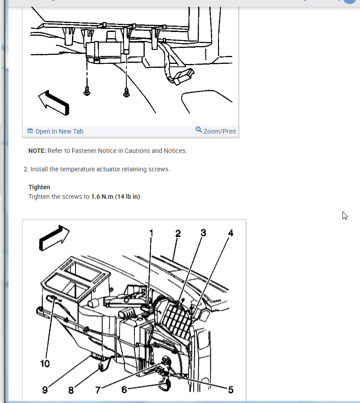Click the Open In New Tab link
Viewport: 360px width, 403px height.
tap(55, 131)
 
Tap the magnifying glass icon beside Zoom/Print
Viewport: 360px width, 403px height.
tap(199, 130)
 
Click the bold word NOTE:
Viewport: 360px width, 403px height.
tap(37, 151)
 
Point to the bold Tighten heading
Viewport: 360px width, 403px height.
tap(39, 187)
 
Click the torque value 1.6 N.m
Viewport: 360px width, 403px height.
tap(102, 197)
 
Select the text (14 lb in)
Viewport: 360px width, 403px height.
tap(127, 197)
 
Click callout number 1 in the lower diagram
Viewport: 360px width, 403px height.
tap(151, 233)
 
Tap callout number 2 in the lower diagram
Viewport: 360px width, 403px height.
tap(178, 233)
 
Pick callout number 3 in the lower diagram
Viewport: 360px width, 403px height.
tap(203, 233)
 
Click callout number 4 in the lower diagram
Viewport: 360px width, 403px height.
tap(231, 233)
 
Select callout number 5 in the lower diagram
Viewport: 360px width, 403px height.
tap(231, 390)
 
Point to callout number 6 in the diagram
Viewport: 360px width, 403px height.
tap(124, 390)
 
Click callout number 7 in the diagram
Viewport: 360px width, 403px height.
tap(98, 390)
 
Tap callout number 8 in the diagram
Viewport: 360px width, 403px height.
tap(71, 390)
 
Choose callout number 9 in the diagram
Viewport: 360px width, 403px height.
tap(45, 390)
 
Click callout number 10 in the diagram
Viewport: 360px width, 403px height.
tap(45, 364)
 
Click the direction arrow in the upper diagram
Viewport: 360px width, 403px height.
tap(54, 103)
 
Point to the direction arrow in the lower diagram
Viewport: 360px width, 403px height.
tap(54, 238)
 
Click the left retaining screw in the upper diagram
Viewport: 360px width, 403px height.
tap(87, 91)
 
